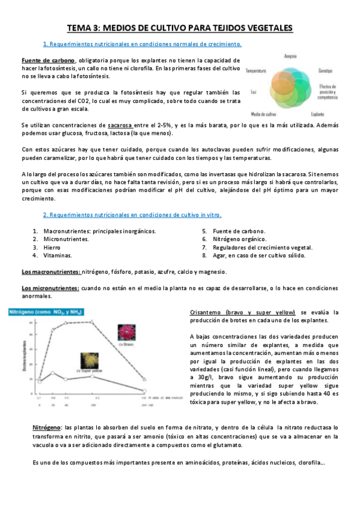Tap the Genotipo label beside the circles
coord(326,70)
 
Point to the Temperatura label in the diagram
coord(256,70)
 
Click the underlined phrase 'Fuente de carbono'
coord(49,61)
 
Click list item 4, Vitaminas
coord(58,256)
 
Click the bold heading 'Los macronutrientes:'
coord(50,272)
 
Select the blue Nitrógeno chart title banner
coord(46,312)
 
